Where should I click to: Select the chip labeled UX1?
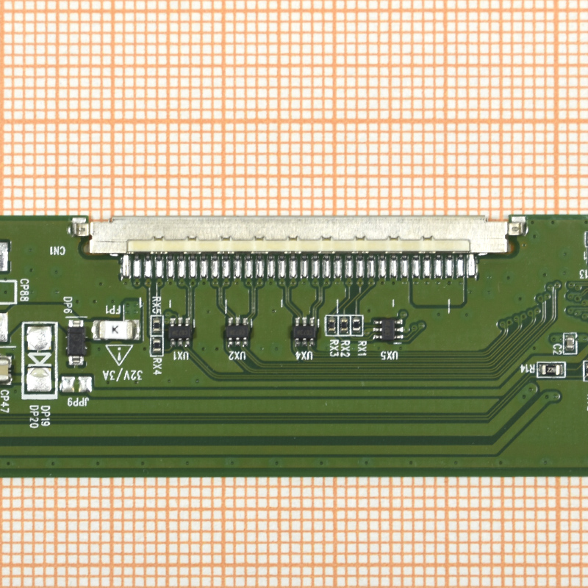pyautogui.click(x=179, y=332)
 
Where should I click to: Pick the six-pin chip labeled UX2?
pyautogui.click(x=237, y=332)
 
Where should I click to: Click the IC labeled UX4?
pyautogui.click(x=303, y=332)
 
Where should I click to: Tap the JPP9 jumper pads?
pyautogui.click(x=76, y=384)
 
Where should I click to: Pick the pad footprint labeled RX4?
pyautogui.click(x=156, y=344)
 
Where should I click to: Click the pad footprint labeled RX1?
pyautogui.click(x=357, y=324)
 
